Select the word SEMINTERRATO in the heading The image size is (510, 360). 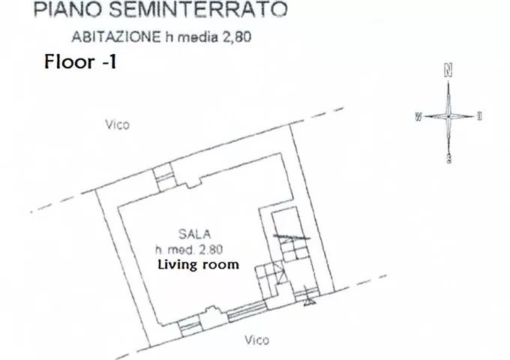[x=198, y=9]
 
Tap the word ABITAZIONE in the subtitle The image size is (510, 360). [x=115, y=37]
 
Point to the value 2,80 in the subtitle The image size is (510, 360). [x=237, y=37]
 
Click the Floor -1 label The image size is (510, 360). [x=80, y=61]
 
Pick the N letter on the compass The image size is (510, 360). [x=448, y=70]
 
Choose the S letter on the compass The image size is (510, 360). [x=448, y=158]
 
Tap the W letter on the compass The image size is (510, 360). [x=418, y=116]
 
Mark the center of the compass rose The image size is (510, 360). [x=448, y=116]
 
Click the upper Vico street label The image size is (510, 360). [x=118, y=124]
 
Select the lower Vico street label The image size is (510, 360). [x=257, y=340]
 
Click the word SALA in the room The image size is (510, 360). [x=194, y=234]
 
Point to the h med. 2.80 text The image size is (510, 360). [x=189, y=250]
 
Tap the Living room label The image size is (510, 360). [x=199, y=265]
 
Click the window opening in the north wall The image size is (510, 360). [x=164, y=177]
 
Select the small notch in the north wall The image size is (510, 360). [x=193, y=184]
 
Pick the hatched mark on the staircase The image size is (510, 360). [x=291, y=238]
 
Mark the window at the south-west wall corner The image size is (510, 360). [x=189, y=328]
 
